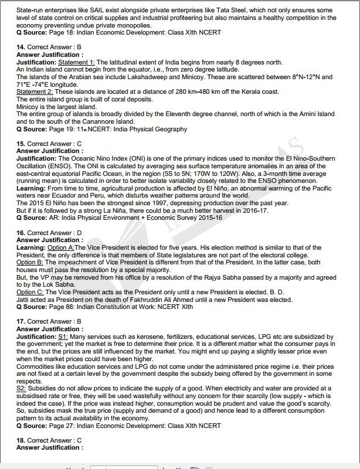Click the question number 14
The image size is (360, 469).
point(21,46)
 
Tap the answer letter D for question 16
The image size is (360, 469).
point(79,233)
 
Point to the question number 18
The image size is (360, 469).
point(21,440)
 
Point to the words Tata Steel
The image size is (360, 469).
point(201,11)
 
